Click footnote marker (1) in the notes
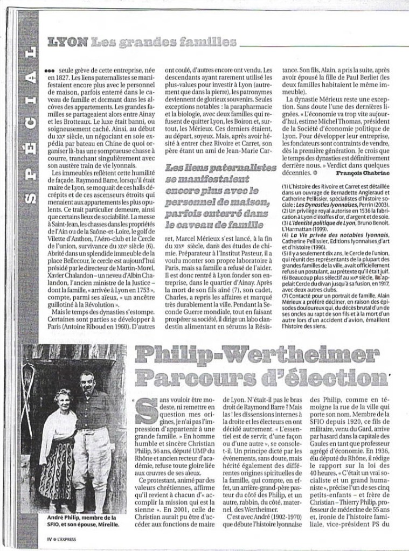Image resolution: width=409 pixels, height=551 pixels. click(x=286, y=186)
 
